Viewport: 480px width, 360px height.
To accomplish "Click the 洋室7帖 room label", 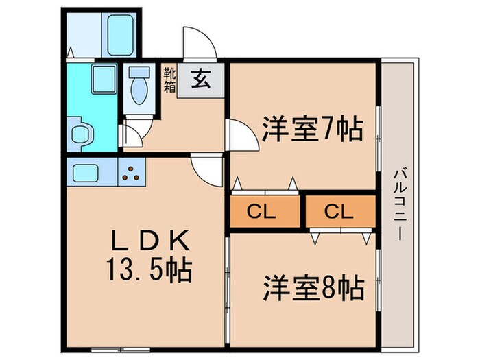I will click(312, 128).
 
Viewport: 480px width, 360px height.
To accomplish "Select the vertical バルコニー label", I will click(398, 204).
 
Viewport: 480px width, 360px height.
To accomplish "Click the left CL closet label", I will click(266, 212).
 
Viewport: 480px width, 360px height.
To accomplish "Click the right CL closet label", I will click(341, 212).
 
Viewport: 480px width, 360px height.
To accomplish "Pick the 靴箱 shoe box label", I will click(169, 79).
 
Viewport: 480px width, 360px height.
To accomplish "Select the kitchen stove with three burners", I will click(132, 172).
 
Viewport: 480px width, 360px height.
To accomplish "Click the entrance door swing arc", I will click(199, 41).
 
